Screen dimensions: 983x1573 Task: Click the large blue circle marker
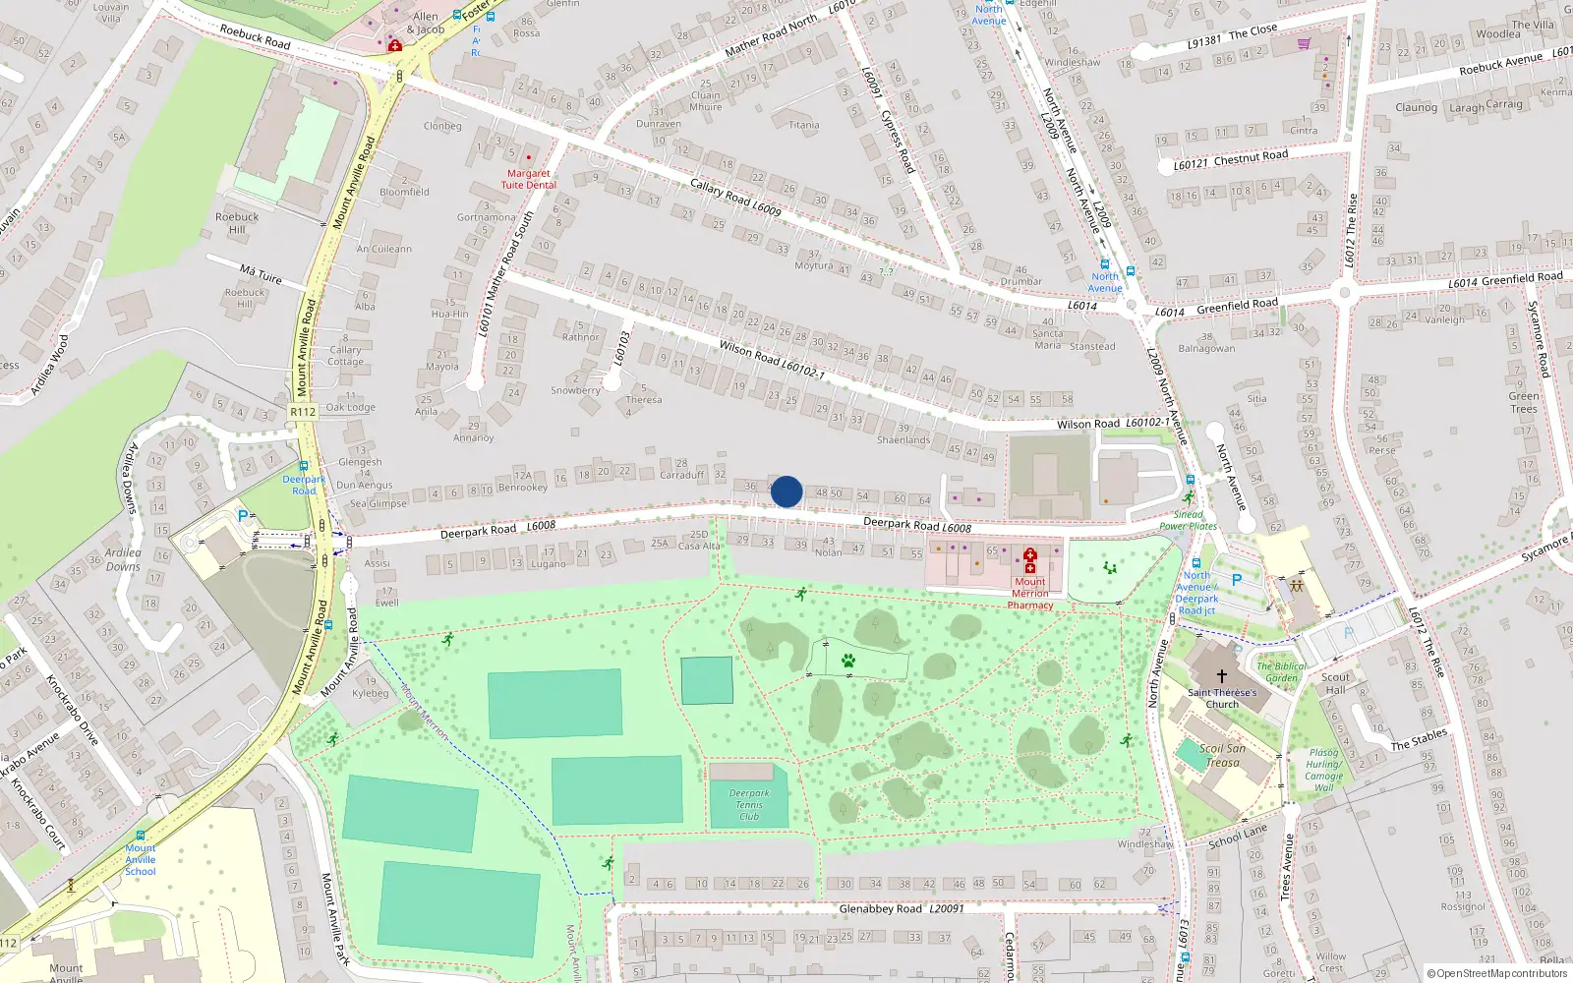coord(786,491)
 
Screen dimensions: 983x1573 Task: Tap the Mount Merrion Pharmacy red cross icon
coord(1029,561)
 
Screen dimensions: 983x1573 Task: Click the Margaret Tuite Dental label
coord(528,179)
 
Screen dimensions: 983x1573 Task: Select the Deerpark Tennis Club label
coord(749,804)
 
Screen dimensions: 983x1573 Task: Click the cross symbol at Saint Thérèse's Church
coord(1222,676)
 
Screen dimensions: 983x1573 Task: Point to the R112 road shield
coord(303,412)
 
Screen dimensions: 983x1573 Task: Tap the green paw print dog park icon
coord(848,661)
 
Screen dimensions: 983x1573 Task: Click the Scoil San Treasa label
coord(1222,755)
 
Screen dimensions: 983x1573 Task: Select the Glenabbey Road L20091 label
coord(900,909)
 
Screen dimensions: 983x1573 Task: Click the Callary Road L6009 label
coord(734,198)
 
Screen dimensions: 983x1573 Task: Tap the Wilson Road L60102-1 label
coord(771,360)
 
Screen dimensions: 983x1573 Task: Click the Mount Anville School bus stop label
coord(140,859)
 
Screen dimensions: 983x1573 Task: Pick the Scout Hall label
coord(1335,683)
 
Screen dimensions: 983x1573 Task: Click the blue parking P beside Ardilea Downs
coord(243,515)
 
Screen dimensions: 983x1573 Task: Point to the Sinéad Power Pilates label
coord(1188,520)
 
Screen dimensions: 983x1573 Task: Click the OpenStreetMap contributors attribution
coord(1497,973)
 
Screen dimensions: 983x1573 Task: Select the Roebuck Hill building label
coord(237,223)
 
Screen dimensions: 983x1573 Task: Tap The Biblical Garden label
coord(1281,671)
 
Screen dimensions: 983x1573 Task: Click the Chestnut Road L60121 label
coord(1230,159)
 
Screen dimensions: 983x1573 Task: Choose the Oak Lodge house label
coord(350,407)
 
